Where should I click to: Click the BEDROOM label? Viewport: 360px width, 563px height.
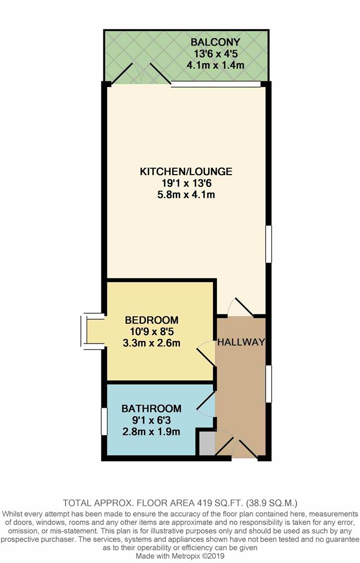coord(151,320)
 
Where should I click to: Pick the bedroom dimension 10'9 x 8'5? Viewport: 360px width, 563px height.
coord(151,331)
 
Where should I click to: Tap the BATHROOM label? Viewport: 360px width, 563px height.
coord(151,408)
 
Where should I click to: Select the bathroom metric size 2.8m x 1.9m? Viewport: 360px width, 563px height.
coord(151,432)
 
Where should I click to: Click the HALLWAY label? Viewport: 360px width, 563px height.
coord(241,342)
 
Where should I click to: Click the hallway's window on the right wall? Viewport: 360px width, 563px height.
coord(269,384)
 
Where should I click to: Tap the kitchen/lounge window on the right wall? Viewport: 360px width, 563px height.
coord(269,244)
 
